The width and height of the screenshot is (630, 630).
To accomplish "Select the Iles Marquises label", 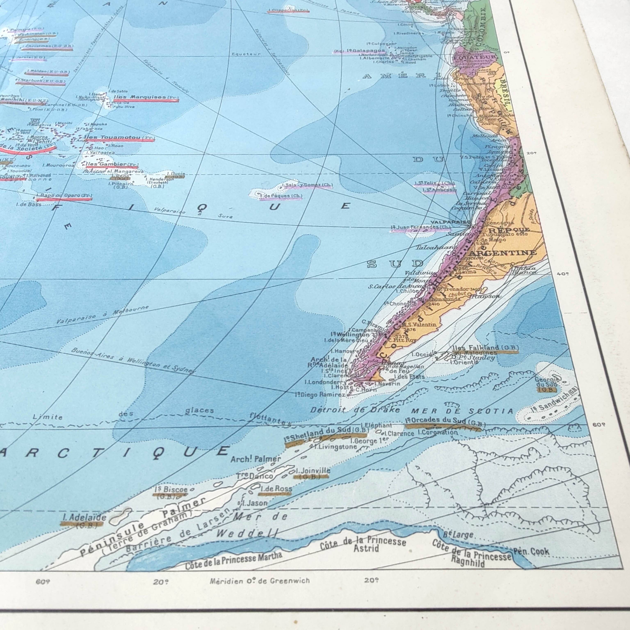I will point(140,97).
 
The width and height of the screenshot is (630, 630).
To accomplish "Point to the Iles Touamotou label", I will point(114,138).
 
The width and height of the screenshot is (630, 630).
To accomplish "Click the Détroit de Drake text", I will point(355,410).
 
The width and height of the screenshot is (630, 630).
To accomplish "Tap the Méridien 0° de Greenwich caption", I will point(260,581).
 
